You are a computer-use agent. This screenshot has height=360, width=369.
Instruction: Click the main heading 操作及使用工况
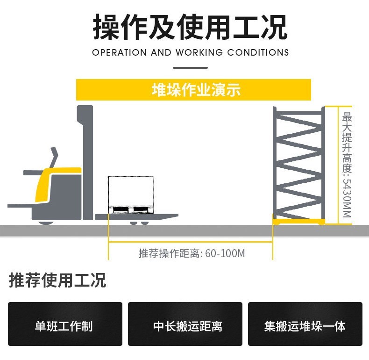click(190, 27)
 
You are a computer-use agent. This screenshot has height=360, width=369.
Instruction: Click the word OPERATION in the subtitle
click(120, 52)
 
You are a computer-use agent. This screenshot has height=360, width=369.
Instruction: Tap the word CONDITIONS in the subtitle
click(258, 52)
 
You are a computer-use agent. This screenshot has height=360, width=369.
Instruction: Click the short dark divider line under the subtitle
click(190, 68)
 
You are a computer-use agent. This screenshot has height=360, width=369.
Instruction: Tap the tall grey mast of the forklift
click(87, 159)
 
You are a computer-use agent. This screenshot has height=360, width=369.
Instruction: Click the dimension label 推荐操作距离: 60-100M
click(192, 253)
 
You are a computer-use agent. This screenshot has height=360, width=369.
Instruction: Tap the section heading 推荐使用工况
click(57, 280)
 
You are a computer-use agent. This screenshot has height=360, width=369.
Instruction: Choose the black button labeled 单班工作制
click(65, 324)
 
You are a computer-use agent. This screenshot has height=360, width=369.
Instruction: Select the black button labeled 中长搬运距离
click(185, 324)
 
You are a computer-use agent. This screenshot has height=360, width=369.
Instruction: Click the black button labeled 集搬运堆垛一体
click(305, 324)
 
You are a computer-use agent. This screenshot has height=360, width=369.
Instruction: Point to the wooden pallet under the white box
click(131, 210)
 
